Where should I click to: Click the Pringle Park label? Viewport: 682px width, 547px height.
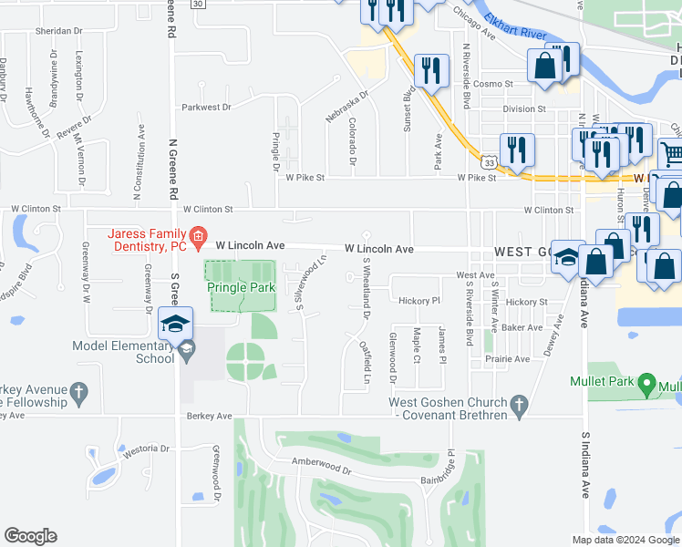(241, 287)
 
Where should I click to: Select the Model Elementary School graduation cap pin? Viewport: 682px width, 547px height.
(175, 325)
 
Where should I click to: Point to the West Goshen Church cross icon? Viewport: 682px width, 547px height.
(520, 403)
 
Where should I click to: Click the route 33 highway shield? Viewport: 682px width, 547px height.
(491, 162)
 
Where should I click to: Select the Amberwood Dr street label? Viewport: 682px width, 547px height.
(321, 466)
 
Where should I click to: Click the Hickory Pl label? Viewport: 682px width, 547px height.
(418, 300)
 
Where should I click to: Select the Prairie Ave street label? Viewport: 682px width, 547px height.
(509, 359)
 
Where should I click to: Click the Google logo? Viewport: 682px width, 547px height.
(30, 536)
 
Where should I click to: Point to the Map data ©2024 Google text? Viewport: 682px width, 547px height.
(624, 540)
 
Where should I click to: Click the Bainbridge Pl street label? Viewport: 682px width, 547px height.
(449, 466)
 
